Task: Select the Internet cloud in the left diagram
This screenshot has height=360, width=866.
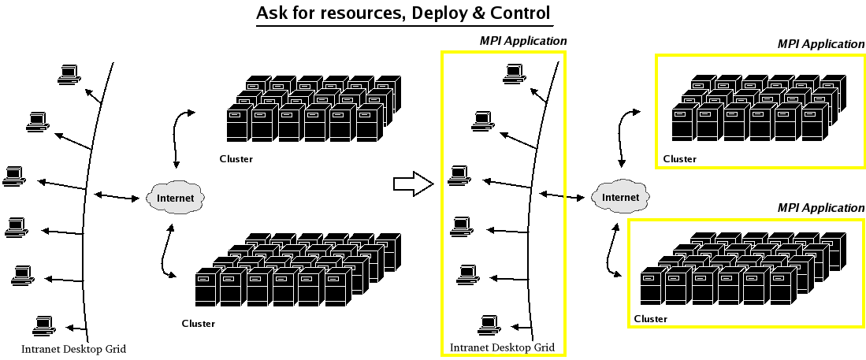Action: click(176, 199)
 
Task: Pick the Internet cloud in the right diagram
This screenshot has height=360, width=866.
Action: click(620, 197)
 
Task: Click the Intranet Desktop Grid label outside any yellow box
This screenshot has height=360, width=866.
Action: click(73, 349)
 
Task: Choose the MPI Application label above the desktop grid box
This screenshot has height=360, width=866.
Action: click(522, 41)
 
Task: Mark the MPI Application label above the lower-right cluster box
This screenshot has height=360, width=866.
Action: click(821, 208)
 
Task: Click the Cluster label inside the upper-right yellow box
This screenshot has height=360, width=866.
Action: click(679, 159)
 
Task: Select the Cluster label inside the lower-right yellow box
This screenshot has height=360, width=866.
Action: click(651, 318)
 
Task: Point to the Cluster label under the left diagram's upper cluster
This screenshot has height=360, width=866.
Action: click(236, 159)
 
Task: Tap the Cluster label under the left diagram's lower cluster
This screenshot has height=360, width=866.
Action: click(199, 323)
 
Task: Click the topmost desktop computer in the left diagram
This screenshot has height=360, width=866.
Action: click(69, 75)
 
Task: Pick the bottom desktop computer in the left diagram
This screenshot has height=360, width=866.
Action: click(44, 326)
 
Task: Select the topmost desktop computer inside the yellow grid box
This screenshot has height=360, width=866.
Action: click(515, 73)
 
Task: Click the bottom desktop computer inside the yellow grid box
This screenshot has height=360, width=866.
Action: click(489, 325)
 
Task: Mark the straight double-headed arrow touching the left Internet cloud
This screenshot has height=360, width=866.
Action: click(117, 196)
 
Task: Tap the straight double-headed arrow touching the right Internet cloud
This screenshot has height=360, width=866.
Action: click(562, 195)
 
